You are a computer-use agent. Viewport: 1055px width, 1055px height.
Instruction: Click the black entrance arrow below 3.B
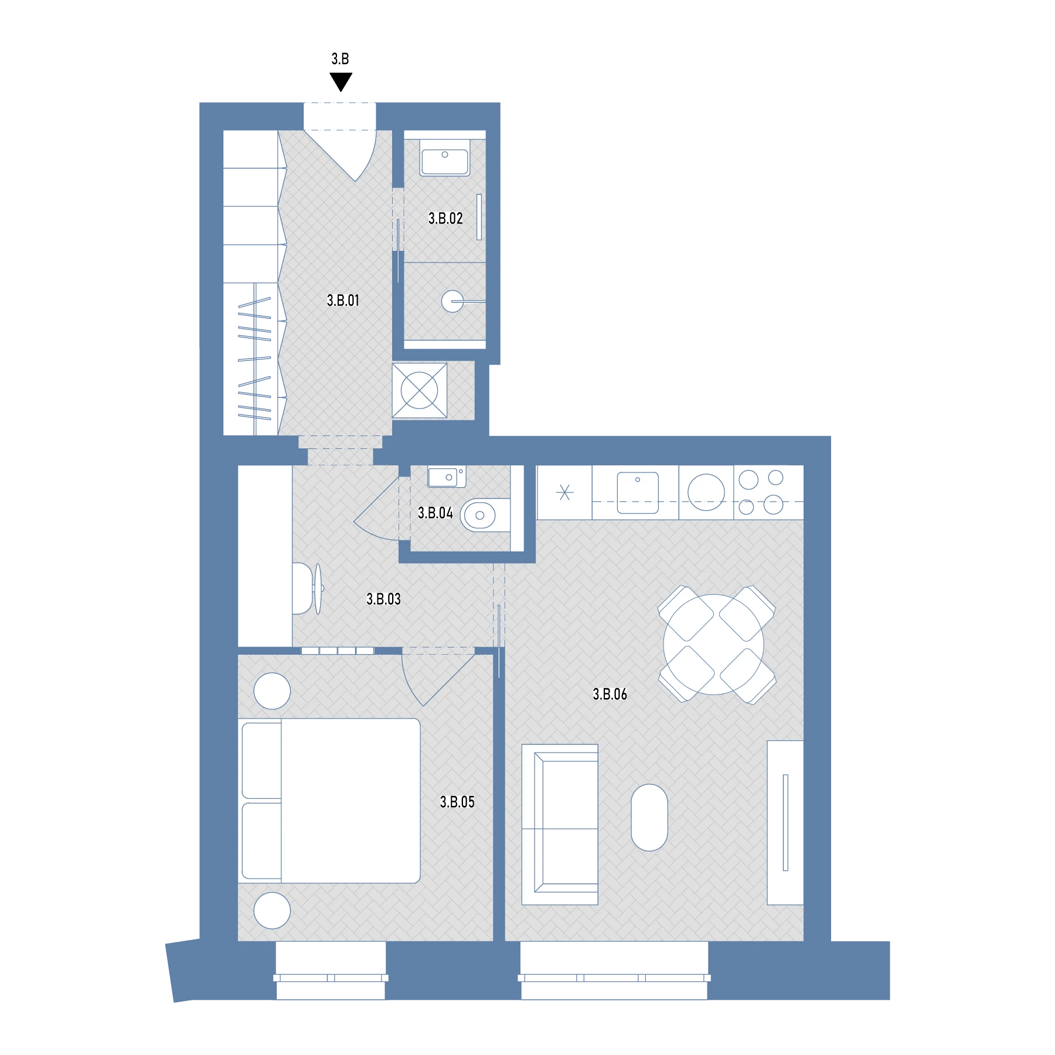coord(341,81)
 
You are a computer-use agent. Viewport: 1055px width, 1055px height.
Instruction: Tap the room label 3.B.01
coord(343,301)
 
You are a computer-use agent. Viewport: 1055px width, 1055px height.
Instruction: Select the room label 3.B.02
coord(445,219)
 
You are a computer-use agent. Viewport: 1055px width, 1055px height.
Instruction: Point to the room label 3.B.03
coord(383,599)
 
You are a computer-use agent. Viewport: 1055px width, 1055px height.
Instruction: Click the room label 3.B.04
coord(435,513)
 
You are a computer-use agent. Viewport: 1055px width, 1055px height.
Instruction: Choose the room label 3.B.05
coord(457,802)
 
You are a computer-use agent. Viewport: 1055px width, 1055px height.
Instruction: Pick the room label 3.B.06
coord(610,695)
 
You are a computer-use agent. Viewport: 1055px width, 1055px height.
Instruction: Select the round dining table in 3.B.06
coord(714,645)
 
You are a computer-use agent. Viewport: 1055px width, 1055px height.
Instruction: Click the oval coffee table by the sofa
coord(649,818)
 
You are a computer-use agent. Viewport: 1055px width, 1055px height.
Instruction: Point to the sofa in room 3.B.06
coord(560,825)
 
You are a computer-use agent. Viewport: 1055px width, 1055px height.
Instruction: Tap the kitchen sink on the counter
coord(638,493)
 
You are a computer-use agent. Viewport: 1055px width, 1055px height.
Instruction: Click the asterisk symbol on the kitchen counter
coord(565,492)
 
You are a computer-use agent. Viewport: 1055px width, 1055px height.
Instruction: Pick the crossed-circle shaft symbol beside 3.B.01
coord(419,390)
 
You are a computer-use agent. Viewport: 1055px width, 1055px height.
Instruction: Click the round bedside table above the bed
coord(272,691)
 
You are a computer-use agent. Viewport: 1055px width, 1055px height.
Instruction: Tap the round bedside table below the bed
coord(272,910)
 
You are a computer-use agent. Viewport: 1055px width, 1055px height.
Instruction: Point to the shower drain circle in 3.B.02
coord(452,302)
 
